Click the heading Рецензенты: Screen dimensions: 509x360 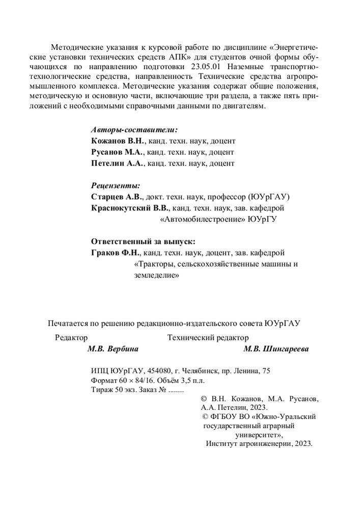(x=115, y=186)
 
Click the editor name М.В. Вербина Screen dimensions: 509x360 (x=113, y=349)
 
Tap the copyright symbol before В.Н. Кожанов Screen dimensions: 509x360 (x=204, y=400)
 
